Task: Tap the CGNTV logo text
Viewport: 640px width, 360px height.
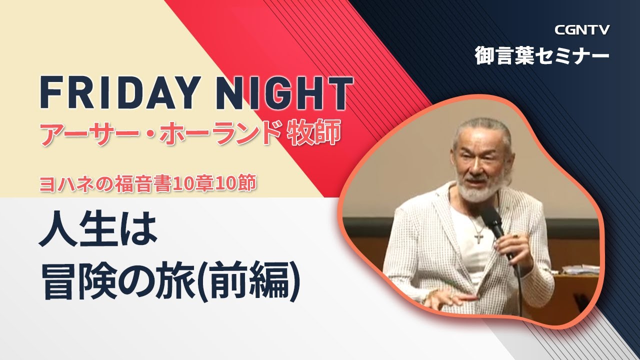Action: click(582, 30)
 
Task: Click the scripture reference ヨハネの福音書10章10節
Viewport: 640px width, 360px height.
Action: click(148, 184)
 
